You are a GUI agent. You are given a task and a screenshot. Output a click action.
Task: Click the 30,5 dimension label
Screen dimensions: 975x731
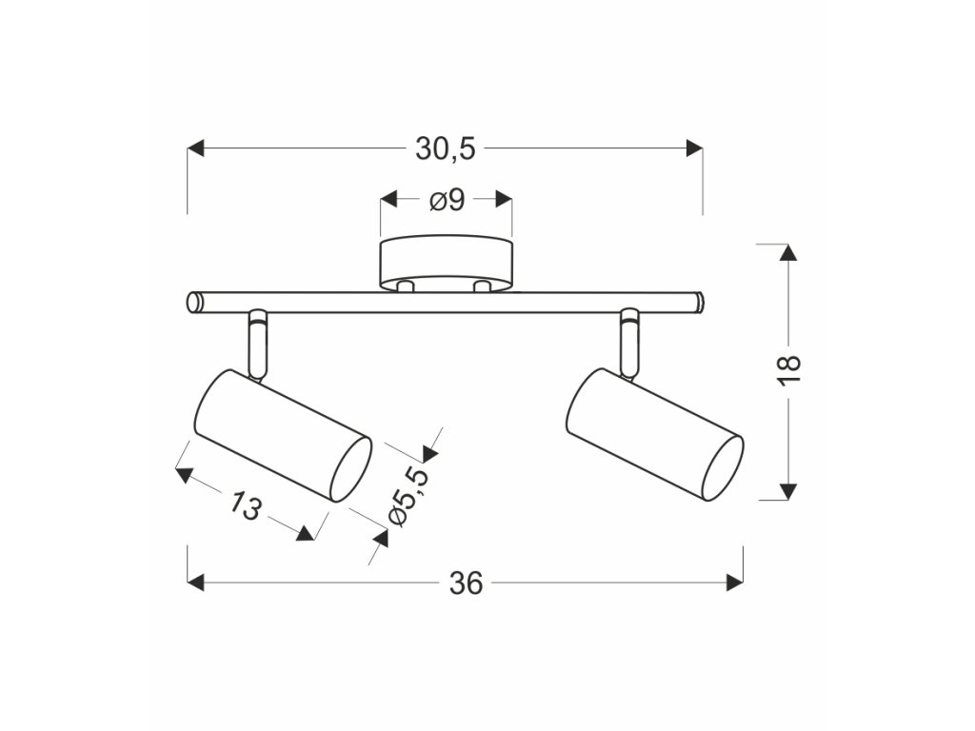point(445,148)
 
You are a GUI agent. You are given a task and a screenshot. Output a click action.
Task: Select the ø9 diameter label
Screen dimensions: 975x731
point(446,201)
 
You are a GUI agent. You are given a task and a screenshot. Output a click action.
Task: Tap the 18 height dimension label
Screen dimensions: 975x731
point(789,369)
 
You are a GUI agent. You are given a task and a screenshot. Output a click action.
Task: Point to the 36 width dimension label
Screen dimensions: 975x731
point(466,582)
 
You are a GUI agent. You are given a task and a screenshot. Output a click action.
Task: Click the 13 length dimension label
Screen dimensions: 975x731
point(245,506)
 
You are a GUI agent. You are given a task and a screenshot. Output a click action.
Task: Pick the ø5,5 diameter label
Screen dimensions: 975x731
point(404,494)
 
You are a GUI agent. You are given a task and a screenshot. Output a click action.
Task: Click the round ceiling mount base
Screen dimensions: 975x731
point(446,264)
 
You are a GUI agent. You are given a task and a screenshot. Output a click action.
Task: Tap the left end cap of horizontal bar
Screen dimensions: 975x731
point(194,302)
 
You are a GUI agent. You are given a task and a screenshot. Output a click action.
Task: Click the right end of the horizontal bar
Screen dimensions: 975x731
point(698,302)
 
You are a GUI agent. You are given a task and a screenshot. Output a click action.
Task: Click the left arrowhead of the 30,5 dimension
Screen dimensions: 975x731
point(196,148)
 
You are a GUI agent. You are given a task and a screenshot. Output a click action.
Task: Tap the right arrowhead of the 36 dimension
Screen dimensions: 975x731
point(734,582)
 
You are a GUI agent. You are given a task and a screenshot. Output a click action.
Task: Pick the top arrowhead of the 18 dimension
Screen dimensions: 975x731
point(787,253)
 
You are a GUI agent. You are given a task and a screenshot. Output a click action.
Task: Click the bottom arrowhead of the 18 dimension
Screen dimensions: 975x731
point(787,490)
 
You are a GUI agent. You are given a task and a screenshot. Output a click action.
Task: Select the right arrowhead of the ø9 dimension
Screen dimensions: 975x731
point(504,201)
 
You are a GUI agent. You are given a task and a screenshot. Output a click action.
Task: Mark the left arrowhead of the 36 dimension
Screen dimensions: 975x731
point(196,582)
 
